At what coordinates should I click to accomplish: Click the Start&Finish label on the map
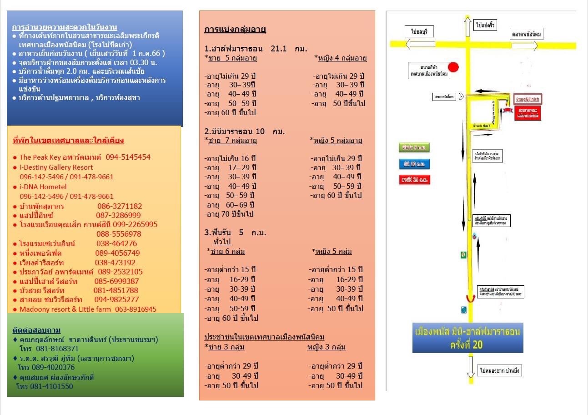[x=528, y=99]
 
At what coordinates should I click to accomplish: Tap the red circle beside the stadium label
[x=453, y=67]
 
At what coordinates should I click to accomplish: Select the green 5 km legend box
[x=414, y=147]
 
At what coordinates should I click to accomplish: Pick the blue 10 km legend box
[x=414, y=164]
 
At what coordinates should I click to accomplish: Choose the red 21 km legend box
[x=414, y=180]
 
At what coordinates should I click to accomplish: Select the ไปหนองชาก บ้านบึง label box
[x=499, y=371]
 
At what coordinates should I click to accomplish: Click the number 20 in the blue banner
[x=477, y=345]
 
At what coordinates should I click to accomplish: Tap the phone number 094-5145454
[x=128, y=157]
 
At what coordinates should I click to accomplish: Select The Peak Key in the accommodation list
[x=40, y=157]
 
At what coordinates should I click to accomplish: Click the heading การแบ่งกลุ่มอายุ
[x=235, y=30]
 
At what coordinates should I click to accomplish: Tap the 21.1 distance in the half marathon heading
[x=278, y=49]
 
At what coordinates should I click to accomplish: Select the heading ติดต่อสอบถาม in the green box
[x=36, y=330]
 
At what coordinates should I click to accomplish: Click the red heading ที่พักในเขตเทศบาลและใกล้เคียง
[x=68, y=141]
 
